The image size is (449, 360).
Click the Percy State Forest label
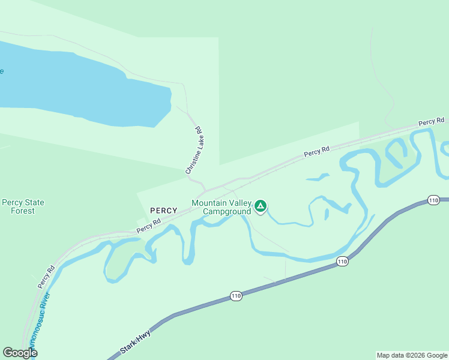tap(23, 206)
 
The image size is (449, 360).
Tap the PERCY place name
tap(164, 211)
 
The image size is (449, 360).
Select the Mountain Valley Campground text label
tap(221, 207)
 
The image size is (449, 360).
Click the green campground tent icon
tap(261, 206)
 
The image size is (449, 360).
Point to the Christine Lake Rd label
tap(193, 151)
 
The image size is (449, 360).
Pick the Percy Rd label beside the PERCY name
tap(149, 226)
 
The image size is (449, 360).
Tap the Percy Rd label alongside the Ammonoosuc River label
tap(46, 276)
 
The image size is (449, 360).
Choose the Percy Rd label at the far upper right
tap(431, 122)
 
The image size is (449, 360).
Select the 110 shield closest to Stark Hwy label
tap(236, 296)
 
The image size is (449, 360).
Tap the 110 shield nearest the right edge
tap(433, 200)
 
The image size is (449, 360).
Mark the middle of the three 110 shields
tap(342, 261)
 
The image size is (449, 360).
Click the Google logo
tap(20, 353)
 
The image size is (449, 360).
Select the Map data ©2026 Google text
tap(412, 355)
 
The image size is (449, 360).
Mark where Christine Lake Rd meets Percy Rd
tap(206, 190)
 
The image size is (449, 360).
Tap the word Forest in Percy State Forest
tap(23, 211)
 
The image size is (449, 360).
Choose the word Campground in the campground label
tap(226, 211)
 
